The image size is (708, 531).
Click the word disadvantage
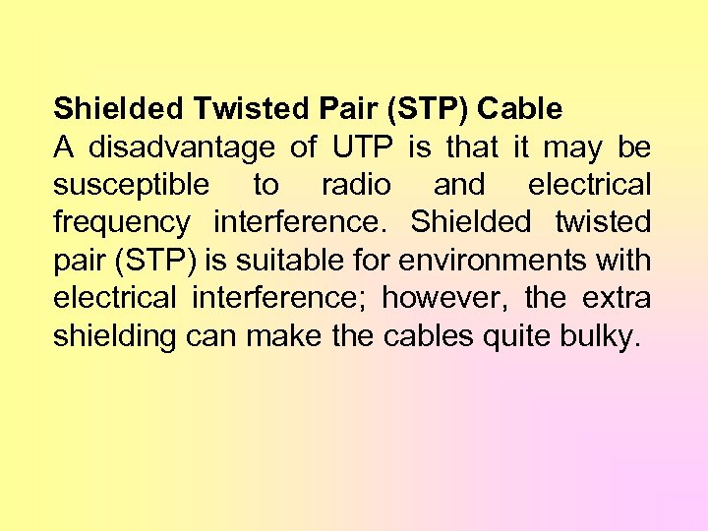point(182,147)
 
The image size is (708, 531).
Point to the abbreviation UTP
point(363,147)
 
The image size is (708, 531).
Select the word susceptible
point(131,185)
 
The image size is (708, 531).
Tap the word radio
point(356,184)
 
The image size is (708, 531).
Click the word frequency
point(121,223)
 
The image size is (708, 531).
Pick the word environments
point(519,261)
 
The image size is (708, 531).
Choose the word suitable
point(319,261)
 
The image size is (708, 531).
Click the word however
point(444,298)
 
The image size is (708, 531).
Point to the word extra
point(616,298)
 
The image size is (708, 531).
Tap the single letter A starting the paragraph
point(64,147)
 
